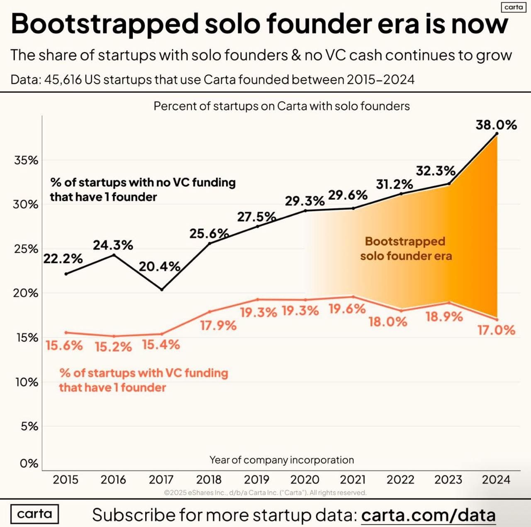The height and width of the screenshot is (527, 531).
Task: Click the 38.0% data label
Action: [496, 125]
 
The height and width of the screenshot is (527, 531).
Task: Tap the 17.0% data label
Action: [496, 330]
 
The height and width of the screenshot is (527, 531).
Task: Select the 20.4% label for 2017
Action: [159, 267]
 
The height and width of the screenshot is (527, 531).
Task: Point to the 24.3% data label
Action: [113, 245]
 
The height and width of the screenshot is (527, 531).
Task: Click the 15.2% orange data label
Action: [113, 347]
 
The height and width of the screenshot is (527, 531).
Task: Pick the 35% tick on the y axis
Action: [26, 160]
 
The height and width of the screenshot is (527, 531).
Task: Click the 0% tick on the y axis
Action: [29, 463]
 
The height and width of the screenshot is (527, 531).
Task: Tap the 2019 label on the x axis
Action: [256, 480]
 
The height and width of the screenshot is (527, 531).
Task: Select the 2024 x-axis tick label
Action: [496, 480]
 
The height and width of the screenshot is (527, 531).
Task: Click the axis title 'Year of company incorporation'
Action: [282, 460]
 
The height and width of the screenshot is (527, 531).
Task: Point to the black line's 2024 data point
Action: [497, 134]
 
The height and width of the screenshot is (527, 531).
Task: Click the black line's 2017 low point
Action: [162, 289]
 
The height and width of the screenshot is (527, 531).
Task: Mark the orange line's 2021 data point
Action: [353, 297]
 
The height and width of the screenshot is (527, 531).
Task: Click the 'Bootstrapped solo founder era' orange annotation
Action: [406, 249]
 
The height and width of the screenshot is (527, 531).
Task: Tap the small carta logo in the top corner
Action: [514, 7]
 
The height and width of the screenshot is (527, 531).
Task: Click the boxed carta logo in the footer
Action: [34, 514]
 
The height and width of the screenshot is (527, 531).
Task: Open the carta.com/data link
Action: [429, 515]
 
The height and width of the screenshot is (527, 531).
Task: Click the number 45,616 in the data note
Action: [63, 79]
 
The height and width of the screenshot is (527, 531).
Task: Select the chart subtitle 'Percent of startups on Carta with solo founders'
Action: [282, 106]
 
